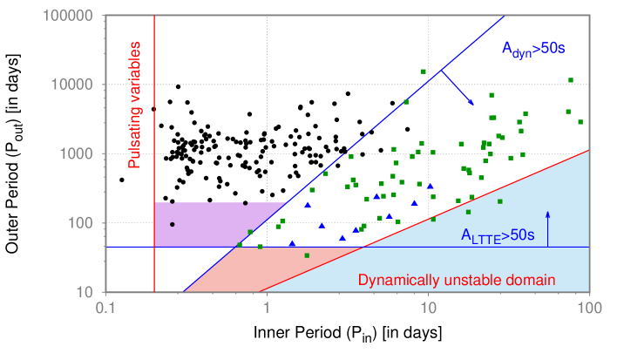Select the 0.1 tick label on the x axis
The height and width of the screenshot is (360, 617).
105,308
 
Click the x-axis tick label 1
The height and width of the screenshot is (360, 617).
267,308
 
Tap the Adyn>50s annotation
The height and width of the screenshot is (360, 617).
533,50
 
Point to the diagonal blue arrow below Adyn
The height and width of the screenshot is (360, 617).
458,87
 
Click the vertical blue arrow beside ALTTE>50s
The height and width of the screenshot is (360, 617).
547,228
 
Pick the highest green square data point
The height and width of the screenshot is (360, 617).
424,71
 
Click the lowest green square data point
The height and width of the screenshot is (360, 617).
307,255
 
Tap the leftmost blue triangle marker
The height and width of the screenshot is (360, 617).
292,243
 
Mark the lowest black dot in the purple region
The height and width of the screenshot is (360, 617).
173,224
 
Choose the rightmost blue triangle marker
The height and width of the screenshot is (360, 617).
430,186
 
